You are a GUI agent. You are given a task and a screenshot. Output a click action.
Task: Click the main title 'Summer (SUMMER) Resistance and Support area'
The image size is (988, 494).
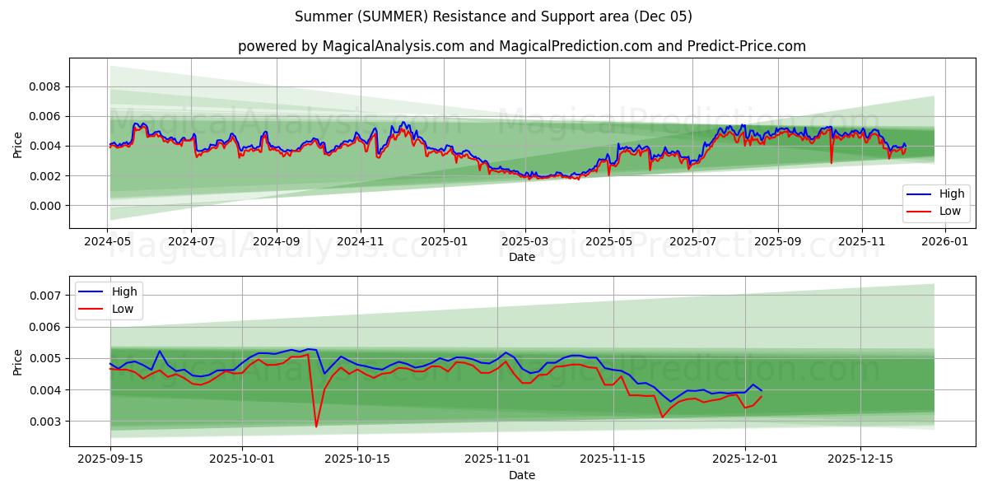pyautogui.click(x=493, y=16)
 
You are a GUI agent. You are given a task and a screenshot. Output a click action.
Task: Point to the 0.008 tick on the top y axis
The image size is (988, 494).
pyautogui.click(x=45, y=86)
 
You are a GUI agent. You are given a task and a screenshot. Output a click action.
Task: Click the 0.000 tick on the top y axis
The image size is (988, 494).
pyautogui.click(x=45, y=206)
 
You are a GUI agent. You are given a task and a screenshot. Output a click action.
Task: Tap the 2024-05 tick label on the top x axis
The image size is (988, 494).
pyautogui.click(x=108, y=242)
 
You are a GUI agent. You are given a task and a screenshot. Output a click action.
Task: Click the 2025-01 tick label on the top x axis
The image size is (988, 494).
pyautogui.click(x=444, y=242)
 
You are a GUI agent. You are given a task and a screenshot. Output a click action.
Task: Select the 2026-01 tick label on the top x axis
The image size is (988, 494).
pyautogui.click(x=945, y=242)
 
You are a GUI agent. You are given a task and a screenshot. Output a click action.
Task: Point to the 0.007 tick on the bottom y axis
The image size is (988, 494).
pyautogui.click(x=45, y=296)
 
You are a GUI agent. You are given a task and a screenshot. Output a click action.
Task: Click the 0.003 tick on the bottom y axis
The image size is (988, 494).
pyautogui.click(x=45, y=422)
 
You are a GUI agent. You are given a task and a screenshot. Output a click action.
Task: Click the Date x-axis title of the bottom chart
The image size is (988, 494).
pyautogui.click(x=521, y=476)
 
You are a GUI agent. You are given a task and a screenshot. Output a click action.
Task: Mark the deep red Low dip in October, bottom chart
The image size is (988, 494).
pyautogui.click(x=316, y=426)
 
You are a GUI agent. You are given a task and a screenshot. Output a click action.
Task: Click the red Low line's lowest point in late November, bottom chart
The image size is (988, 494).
pyautogui.click(x=662, y=417)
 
